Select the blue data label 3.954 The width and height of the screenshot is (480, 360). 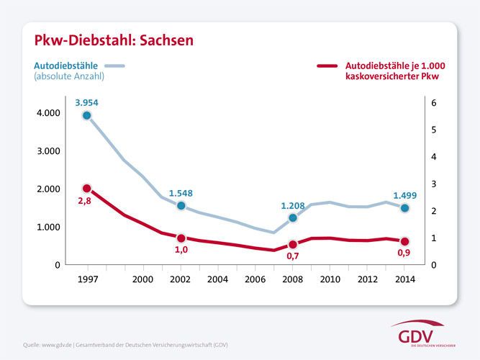tap(86, 102)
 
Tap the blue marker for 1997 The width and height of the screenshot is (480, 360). tap(87, 115)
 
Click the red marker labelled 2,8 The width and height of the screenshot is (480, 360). tap(87, 189)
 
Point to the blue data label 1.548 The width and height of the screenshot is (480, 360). tap(181, 193)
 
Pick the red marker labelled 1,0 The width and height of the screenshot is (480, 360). tap(181, 238)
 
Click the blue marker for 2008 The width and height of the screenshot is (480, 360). tap(293, 217)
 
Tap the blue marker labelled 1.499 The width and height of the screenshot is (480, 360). tap(405, 208)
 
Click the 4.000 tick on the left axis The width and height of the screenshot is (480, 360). tap(48, 113)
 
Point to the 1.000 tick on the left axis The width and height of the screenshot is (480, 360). tap(48, 227)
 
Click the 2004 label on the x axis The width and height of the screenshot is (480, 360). tap(218, 279)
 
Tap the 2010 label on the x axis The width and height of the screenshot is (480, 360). tap(330, 279)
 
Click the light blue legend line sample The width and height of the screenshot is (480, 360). tap(114, 66)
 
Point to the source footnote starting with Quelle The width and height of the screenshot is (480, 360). tap(126, 345)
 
